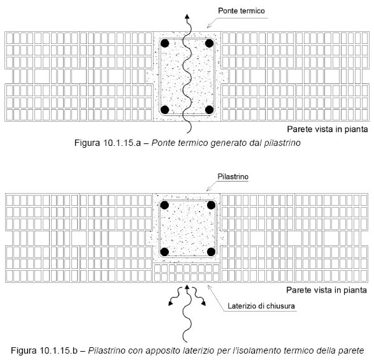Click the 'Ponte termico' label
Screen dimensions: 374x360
point(241,11)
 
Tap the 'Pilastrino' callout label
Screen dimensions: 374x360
point(233,176)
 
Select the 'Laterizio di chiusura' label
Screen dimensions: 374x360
point(261,306)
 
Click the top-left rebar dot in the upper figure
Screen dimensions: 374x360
point(165,43)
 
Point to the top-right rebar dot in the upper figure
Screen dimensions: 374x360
point(209,43)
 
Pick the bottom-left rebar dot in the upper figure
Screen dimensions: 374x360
point(165,110)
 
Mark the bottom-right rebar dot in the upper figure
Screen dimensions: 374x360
point(209,110)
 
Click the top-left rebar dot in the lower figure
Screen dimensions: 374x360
point(164,205)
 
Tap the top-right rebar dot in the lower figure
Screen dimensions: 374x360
point(212,205)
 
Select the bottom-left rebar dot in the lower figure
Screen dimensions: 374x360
point(164,252)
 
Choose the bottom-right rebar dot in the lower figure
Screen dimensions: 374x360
point(212,252)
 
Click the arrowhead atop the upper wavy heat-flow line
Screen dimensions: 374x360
point(187,17)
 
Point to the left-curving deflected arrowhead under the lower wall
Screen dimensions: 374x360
point(170,303)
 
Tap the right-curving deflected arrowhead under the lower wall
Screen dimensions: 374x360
point(203,303)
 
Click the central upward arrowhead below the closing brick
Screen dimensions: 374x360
point(187,287)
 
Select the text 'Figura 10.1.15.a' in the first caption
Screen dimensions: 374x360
point(108,143)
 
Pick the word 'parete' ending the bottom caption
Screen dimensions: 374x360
point(351,351)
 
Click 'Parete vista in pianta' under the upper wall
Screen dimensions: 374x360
point(327,129)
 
